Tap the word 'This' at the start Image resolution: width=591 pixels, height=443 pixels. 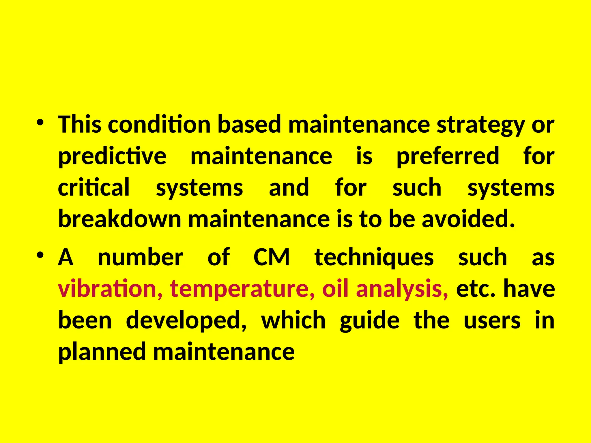(80, 125)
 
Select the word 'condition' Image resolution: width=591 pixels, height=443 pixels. (159, 125)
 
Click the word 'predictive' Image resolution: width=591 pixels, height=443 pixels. (112, 156)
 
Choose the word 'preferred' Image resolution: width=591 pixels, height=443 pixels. (448, 156)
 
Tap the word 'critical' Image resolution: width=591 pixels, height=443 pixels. (94, 188)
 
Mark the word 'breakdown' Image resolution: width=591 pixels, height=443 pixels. (120, 219)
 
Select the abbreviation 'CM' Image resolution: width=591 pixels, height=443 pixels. (272, 257)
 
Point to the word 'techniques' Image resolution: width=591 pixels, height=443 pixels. (374, 258)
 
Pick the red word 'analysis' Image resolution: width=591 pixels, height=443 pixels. (402, 289)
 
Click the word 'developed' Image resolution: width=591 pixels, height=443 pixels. (186, 321)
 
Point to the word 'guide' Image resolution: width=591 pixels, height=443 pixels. (370, 321)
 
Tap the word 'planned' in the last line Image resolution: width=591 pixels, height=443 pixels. (102, 352)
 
